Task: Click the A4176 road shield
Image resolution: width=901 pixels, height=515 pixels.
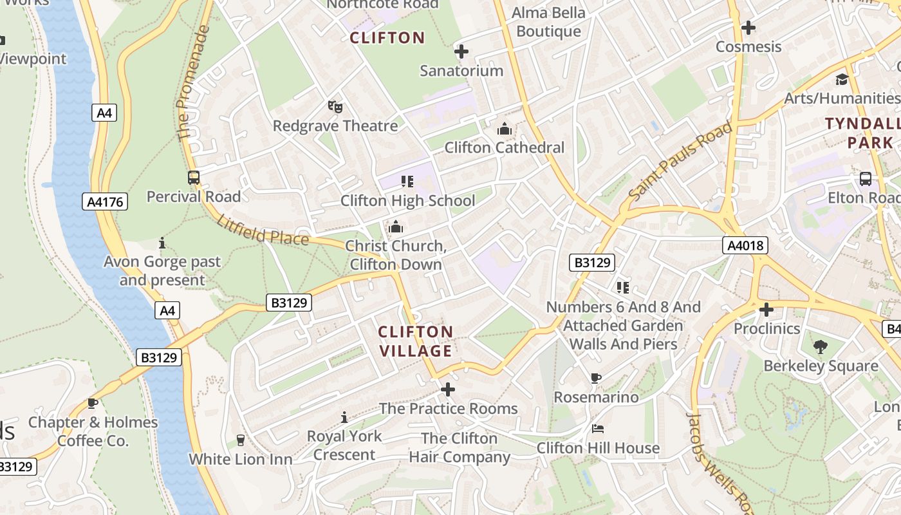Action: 106,202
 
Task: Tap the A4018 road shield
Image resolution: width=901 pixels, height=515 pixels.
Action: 745,245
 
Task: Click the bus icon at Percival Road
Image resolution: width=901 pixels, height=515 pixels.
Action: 193,178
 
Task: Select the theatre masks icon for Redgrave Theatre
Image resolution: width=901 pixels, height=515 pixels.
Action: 335,107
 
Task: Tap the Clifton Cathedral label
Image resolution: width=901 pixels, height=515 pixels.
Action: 504,147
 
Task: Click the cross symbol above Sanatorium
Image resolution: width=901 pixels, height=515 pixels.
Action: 461,51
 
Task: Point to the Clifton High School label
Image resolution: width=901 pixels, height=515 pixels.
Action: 407,200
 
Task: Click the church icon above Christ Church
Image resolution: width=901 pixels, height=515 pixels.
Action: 396,227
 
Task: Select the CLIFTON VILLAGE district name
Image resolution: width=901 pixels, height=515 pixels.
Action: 415,341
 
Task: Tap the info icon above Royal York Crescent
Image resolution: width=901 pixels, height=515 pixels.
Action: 344,417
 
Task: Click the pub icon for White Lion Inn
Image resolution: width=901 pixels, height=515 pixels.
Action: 241,440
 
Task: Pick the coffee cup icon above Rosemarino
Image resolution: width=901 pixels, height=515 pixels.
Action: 596,379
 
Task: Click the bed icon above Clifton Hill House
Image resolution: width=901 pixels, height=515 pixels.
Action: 598,429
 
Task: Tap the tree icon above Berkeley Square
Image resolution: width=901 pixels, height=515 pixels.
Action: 821,347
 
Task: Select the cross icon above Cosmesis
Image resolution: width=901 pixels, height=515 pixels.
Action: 748,28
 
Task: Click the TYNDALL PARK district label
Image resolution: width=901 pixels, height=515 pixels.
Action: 862,133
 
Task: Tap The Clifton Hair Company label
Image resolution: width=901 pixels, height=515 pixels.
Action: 459,447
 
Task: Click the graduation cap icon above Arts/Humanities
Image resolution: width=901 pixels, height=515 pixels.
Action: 842,79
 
